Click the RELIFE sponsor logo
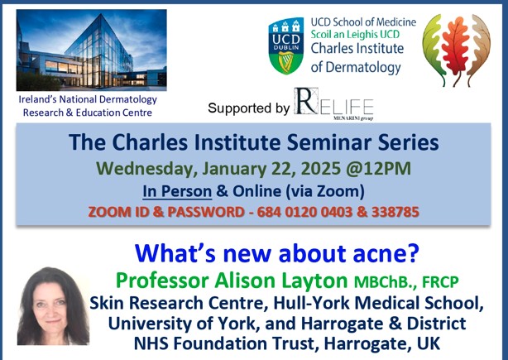[334, 104]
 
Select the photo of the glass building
[91, 50]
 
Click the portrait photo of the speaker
[52, 305]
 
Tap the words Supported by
[248, 108]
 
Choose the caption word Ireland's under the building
[41, 99]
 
